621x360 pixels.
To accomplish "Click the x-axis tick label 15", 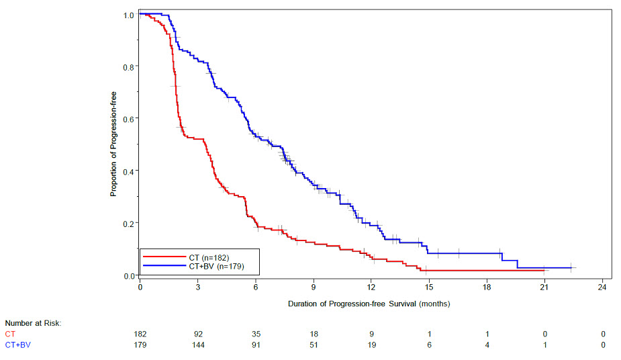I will [429, 287].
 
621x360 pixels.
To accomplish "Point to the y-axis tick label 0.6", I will [128, 119].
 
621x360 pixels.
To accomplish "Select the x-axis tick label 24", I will [603, 287].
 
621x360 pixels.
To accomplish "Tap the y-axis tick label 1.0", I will [128, 15].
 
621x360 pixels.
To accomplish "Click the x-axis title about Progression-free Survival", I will [369, 304].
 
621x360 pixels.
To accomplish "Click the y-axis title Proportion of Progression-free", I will [114, 144].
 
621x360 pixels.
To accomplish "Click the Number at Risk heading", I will [33, 324].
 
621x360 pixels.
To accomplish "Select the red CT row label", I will [9, 334].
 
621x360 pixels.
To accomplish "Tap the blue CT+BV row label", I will [17, 345].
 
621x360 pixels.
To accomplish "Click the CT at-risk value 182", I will [140, 334].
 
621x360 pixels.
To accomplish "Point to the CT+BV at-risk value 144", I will [198, 345].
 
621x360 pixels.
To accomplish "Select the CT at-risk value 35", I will [256, 334].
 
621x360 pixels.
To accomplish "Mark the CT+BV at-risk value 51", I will [314, 345].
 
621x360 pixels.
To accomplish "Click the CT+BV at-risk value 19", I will [371, 345].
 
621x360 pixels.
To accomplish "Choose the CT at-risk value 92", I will [198, 334].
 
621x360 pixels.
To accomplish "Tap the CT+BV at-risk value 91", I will [256, 345].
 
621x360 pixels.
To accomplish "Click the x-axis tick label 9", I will [314, 287].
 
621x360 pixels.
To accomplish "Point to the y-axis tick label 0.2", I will [128, 223].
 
